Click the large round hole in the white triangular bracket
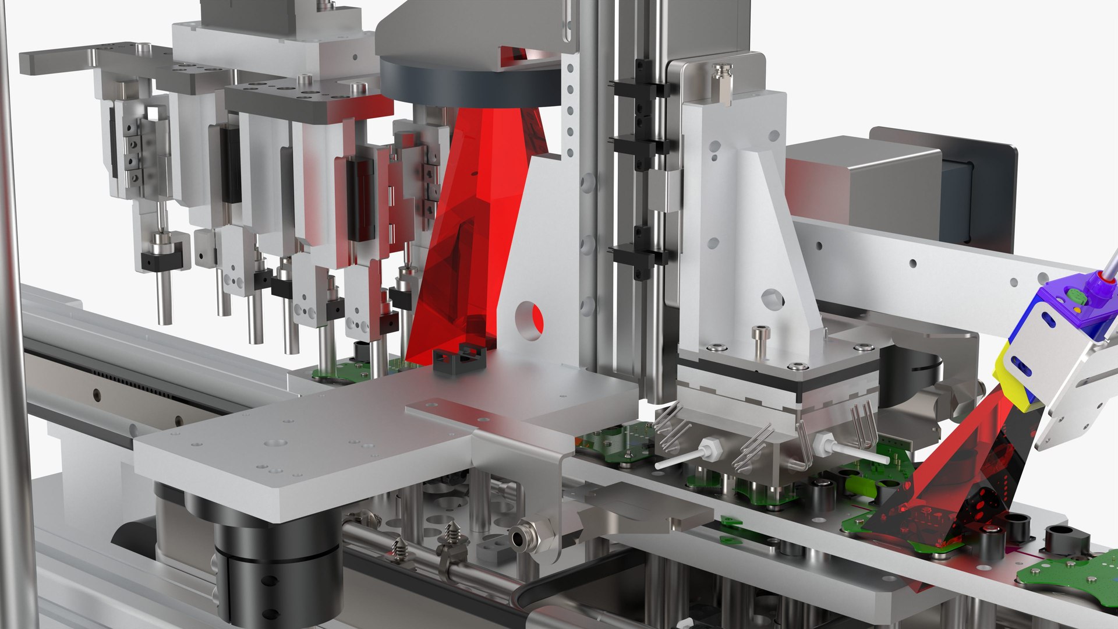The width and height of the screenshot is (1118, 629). (529, 321)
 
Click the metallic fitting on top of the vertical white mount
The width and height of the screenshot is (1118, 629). (720, 82)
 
